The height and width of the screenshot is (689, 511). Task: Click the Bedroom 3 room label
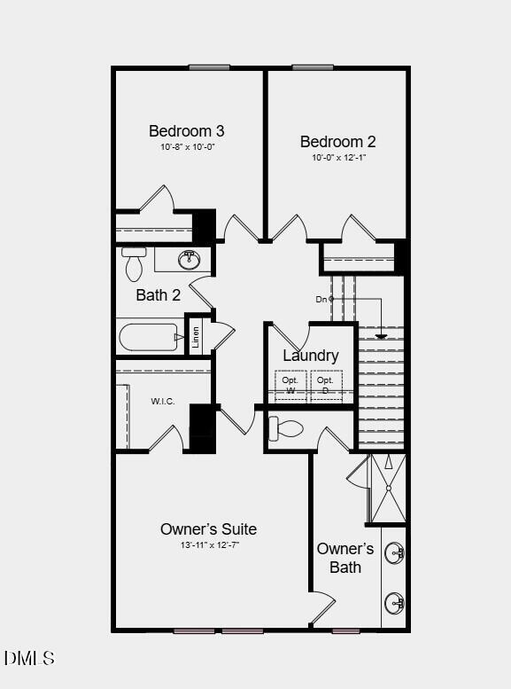(x=186, y=131)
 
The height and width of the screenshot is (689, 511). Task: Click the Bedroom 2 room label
(x=337, y=142)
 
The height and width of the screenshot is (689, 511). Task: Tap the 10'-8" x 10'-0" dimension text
(x=187, y=147)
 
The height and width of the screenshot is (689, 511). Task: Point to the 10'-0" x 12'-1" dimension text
(x=337, y=158)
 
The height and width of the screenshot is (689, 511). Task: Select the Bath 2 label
(x=159, y=295)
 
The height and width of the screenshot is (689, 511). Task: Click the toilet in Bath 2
(x=135, y=263)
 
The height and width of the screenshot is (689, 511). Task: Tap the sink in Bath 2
(x=189, y=260)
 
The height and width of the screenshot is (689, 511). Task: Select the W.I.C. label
(x=163, y=401)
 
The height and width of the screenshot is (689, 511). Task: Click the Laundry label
(x=310, y=356)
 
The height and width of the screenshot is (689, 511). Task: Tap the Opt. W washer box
(x=290, y=385)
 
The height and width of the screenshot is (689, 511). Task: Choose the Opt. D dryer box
(x=325, y=385)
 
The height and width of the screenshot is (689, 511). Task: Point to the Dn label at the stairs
(x=321, y=299)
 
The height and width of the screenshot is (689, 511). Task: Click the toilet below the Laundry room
(x=286, y=429)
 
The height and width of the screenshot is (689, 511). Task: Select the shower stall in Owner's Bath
(x=387, y=488)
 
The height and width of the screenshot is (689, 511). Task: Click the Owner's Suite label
(x=208, y=529)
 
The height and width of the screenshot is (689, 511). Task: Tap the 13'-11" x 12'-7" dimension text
(x=208, y=545)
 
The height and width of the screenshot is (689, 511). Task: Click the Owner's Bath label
(x=345, y=558)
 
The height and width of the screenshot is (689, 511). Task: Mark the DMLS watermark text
(x=29, y=658)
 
